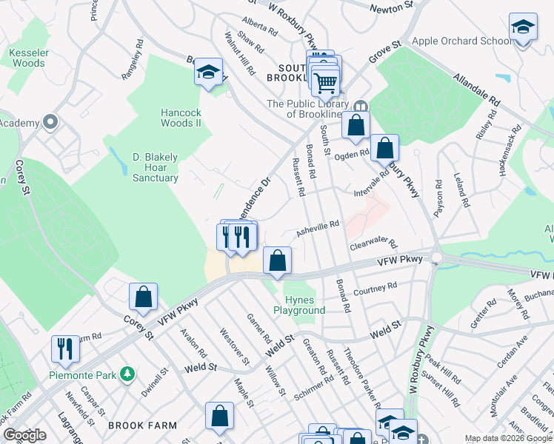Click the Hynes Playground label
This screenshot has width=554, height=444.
coord(305,305)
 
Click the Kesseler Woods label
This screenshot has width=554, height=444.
coord(28,58)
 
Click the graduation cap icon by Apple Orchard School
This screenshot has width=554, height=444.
coord(524,28)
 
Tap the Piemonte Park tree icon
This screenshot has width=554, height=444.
coord(127,374)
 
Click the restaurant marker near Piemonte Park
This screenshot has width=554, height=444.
coord(65,349)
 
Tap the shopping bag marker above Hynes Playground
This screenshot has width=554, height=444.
coord(277,260)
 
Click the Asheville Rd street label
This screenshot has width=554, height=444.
coord(318,228)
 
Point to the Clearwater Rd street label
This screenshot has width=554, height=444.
coord(373,243)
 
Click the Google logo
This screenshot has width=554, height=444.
coord(24,435)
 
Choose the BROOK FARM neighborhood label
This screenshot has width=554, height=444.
coord(142,425)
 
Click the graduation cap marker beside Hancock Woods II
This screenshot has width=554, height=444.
coord(209,73)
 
